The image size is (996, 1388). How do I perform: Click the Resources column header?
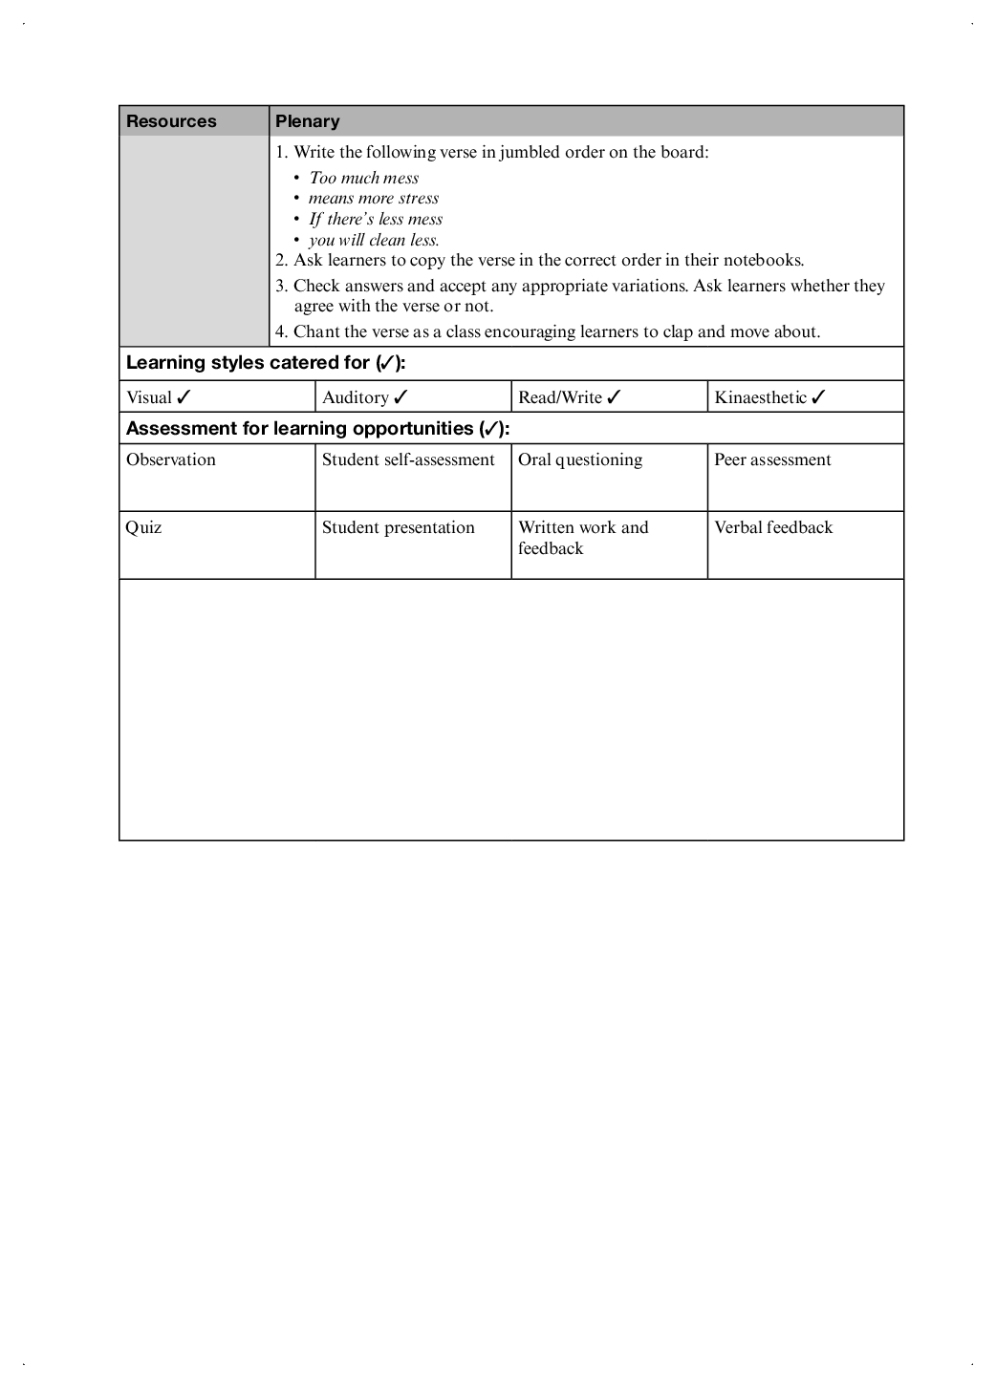[172, 121]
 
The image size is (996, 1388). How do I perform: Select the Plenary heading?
[308, 121]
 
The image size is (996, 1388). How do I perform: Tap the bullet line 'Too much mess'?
[364, 178]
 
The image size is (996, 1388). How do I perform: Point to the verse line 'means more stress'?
[374, 199]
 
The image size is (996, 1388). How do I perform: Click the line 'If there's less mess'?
[376, 220]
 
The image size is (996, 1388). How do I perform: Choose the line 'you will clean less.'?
[374, 241]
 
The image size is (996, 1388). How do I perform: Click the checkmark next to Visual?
[184, 397]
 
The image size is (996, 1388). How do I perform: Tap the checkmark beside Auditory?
[401, 397]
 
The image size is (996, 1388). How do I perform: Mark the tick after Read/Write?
[614, 397]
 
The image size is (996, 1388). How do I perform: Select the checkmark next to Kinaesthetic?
[818, 397]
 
